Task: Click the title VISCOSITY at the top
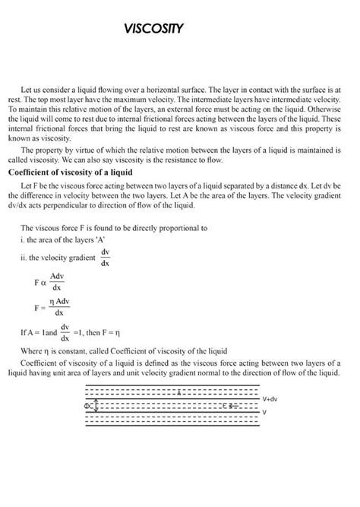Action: [x=154, y=30]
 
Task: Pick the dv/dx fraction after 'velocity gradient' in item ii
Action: [x=105, y=257]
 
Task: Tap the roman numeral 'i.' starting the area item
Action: [x=23, y=239]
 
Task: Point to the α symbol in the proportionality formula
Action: [x=43, y=282]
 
